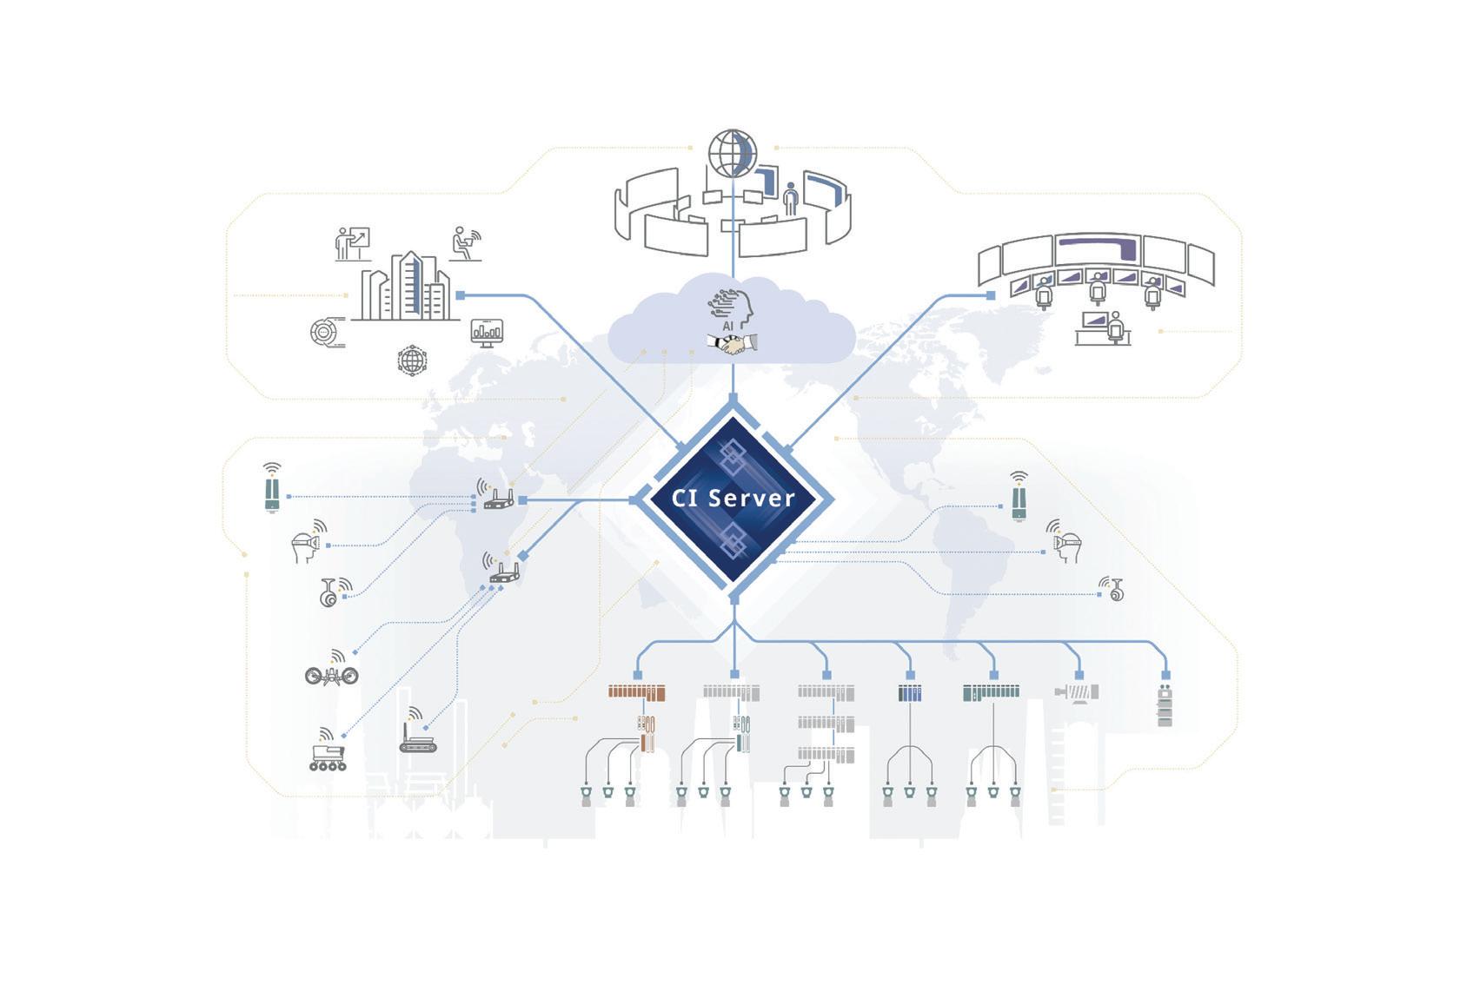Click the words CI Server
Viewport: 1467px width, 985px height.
coord(733,499)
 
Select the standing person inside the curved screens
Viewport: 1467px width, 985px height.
coord(790,201)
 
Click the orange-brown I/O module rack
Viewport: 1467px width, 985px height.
coord(636,692)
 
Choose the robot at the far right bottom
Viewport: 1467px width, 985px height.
coord(1165,705)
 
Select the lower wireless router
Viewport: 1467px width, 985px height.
coord(504,572)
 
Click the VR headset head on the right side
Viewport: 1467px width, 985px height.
coord(1066,544)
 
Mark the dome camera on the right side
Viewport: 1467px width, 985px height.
coord(1116,592)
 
